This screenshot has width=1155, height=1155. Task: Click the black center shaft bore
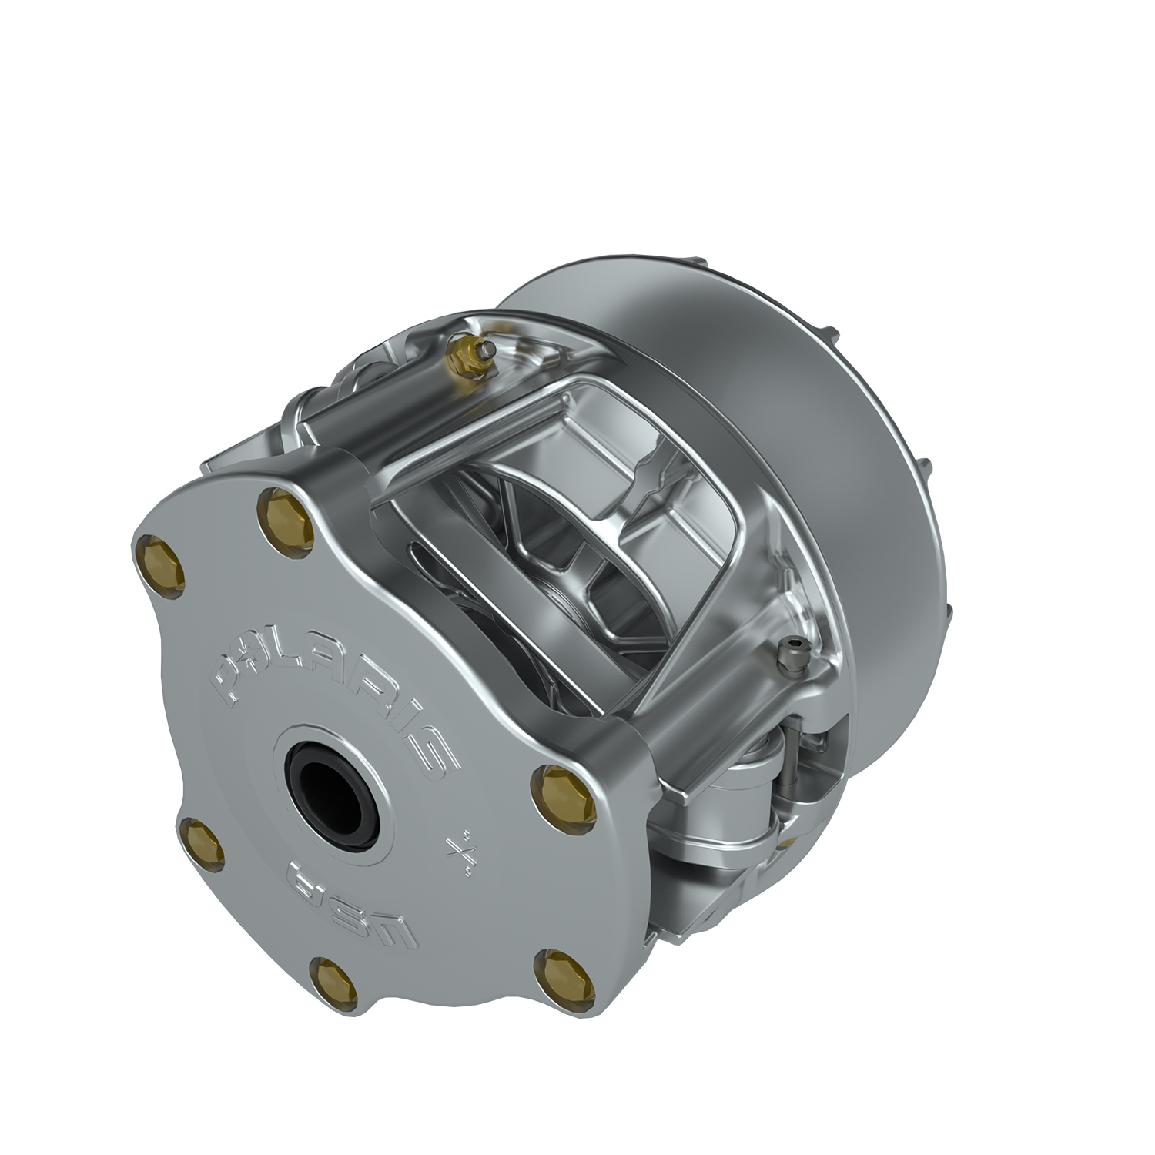[333, 787]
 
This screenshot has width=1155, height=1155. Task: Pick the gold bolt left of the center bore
[202, 842]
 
